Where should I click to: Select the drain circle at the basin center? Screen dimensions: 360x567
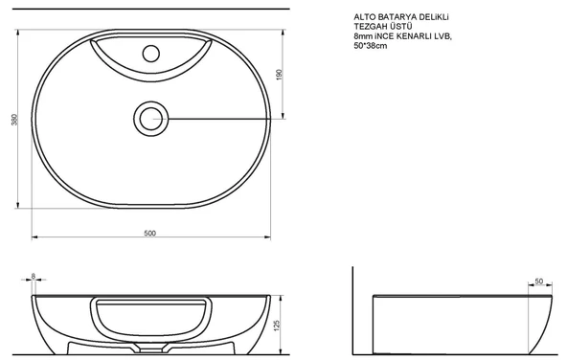[x=150, y=118]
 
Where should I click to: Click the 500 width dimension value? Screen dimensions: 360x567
[x=150, y=233]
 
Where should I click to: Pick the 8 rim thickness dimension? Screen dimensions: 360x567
[x=34, y=276]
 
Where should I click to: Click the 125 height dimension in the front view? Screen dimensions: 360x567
[x=278, y=326]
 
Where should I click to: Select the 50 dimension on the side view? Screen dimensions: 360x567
[x=538, y=281]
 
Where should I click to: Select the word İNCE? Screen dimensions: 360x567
[x=391, y=38]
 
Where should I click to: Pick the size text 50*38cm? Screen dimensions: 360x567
[x=373, y=49]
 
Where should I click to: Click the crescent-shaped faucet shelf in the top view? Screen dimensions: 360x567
[x=150, y=65]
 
